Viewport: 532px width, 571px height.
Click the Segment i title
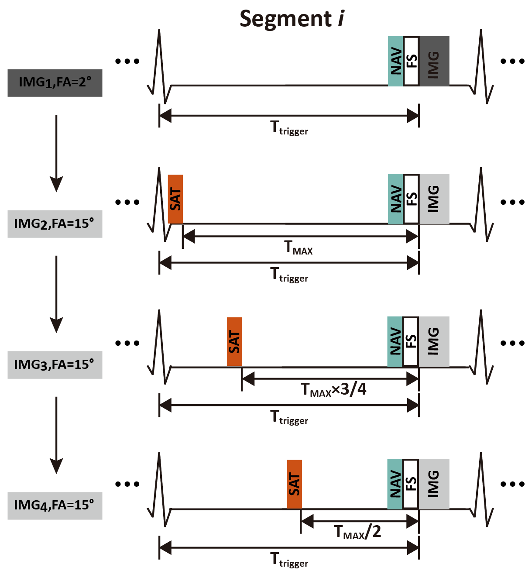[x=292, y=19]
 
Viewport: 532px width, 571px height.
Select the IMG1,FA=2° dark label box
[x=55, y=83]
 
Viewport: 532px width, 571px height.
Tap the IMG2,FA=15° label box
[x=55, y=224]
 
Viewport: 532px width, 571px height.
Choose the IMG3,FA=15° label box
[x=55, y=365]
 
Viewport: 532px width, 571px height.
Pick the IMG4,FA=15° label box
[x=55, y=506]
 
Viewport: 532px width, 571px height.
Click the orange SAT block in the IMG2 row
[x=175, y=199]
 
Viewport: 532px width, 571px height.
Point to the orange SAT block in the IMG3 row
[x=234, y=341]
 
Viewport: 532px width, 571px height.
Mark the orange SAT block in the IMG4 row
[x=294, y=484]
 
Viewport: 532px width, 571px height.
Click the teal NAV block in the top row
[x=395, y=61]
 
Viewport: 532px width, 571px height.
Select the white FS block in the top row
[x=411, y=61]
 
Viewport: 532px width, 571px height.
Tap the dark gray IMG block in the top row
[x=434, y=61]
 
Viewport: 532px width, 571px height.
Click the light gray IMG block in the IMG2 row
[x=434, y=199]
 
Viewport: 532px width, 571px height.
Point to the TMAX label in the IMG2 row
[x=299, y=248]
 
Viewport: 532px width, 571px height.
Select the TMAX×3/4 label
[x=333, y=389]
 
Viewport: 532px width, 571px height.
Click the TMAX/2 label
[x=357, y=532]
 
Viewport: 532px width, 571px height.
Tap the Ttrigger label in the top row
[x=289, y=128]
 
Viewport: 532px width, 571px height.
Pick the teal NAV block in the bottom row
[x=395, y=484]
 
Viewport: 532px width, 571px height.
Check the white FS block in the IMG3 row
[x=411, y=341]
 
